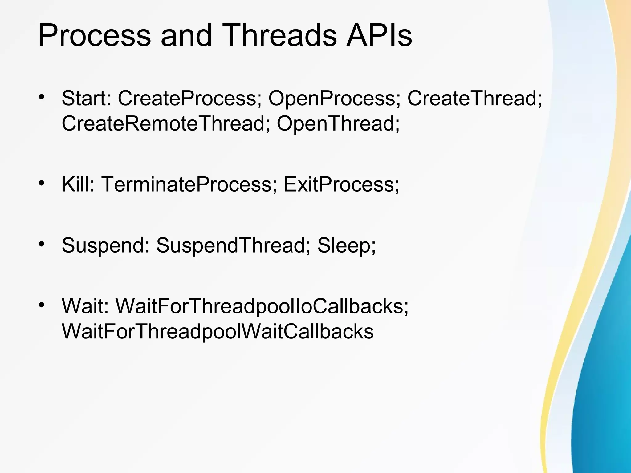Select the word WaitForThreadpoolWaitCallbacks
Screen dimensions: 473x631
(218, 331)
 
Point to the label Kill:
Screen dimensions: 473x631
(78, 184)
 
